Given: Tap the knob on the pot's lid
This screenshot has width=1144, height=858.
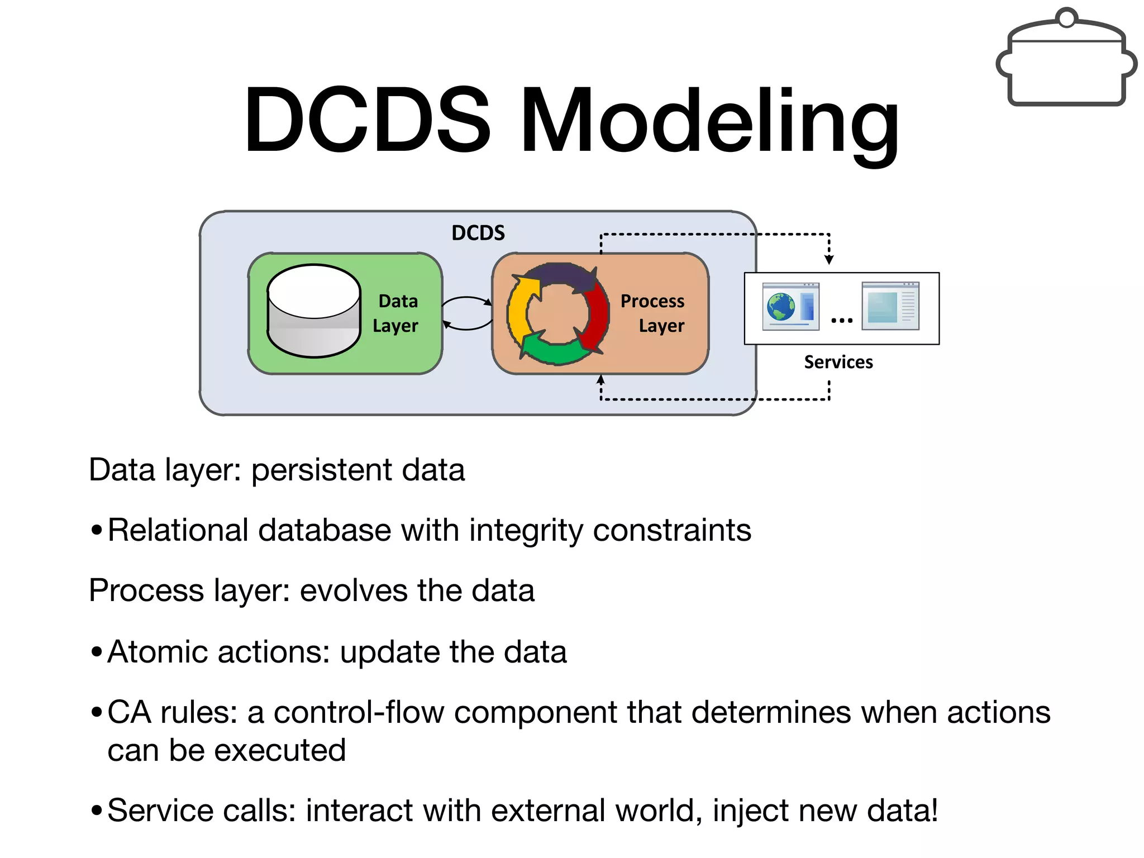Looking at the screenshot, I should coord(1067,18).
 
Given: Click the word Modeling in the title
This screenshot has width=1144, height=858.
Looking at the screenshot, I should coord(709,120).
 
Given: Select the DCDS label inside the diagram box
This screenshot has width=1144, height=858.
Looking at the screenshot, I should coord(478,233).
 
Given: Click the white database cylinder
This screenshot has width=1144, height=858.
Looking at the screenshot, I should coord(314,311).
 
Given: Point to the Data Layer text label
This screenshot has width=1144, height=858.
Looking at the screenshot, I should coord(397,313).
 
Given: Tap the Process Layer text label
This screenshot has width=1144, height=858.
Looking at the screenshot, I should coord(654,313).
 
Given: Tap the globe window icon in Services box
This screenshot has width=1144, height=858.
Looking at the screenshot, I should coord(790,307).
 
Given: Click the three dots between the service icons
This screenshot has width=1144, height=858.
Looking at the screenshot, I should coord(841,320).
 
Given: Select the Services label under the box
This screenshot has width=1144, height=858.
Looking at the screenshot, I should coord(838,362).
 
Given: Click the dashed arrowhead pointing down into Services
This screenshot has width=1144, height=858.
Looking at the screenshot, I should coord(829,259).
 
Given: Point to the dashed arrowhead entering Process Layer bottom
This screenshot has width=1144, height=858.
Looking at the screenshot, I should coord(600,380).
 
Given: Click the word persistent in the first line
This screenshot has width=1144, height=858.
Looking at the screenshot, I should coord(321,470).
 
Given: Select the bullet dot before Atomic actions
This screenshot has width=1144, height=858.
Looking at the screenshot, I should coord(96,651).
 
